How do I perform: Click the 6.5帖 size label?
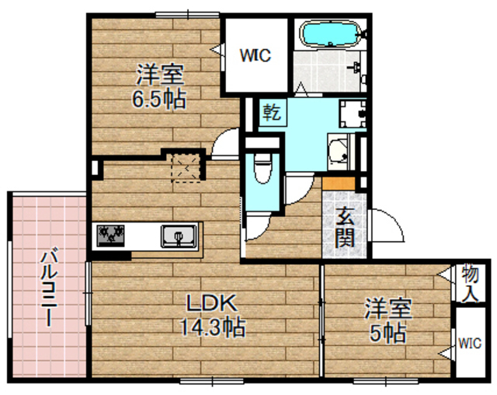(159, 100)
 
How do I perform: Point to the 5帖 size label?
(389, 334)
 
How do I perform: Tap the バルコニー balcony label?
(47, 287)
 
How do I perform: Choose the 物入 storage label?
(471, 284)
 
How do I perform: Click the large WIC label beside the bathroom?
(254, 55)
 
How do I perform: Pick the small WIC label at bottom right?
(470, 343)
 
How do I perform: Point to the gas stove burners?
(112, 233)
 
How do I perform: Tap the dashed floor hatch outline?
(186, 167)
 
